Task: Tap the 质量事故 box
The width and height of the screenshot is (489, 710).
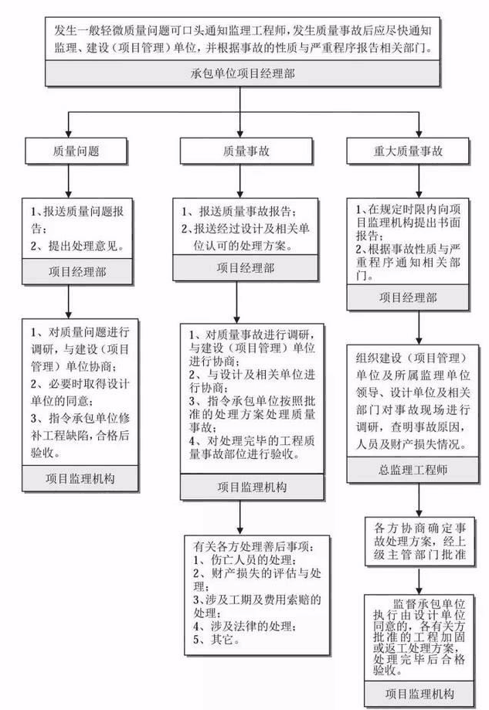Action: click(x=245, y=151)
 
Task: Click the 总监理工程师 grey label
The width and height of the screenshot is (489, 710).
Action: click(x=418, y=469)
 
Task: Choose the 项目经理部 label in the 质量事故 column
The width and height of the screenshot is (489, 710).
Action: click(x=245, y=267)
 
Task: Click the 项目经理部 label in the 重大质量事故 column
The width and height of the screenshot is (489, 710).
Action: click(x=418, y=297)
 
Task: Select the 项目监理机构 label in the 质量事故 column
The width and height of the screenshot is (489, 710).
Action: click(x=245, y=487)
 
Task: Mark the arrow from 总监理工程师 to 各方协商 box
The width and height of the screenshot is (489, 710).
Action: click(x=418, y=498)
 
